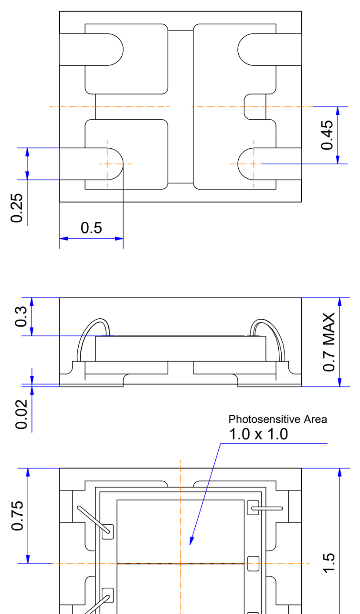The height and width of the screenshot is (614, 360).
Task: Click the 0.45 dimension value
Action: pos(327,135)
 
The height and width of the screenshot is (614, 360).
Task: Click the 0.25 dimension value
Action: pos(17,208)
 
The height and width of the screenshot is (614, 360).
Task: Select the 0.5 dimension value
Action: pos(91,228)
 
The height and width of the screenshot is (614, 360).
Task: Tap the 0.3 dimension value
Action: pos(21,317)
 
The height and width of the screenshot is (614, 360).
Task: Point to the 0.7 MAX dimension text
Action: pos(329,343)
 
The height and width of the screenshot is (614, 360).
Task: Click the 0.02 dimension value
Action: pos(21,414)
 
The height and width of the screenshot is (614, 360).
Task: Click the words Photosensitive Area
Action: pos(278,419)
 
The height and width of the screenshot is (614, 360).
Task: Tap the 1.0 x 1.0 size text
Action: pos(258,435)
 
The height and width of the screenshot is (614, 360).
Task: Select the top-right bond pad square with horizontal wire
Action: pos(253,508)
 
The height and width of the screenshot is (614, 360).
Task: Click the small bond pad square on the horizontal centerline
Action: pos(253,563)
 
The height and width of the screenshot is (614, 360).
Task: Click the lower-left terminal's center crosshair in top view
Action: pos(107,164)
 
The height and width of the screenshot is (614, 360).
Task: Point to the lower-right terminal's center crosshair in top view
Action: pos(254,164)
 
